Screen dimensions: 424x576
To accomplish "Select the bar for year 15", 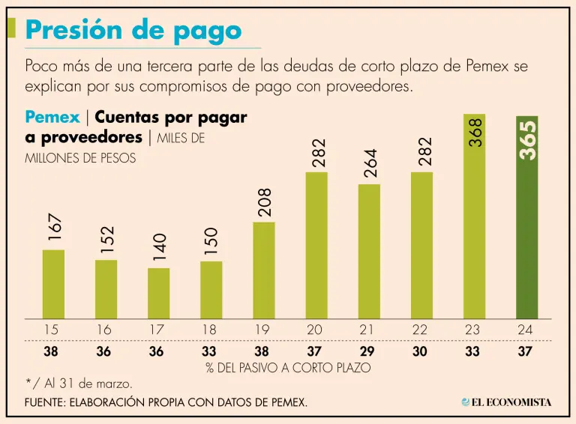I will point(53,285).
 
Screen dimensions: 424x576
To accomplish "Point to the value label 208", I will point(265,202).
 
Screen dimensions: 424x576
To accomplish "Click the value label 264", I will point(370,163).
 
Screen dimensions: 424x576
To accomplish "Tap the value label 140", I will point(159,248).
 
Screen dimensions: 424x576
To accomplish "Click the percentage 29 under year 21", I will point(369,350).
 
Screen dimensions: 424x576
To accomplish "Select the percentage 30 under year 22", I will point(422,350).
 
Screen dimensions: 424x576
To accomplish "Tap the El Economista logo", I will point(506,402).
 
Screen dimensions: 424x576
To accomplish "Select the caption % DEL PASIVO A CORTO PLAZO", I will point(288,368).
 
